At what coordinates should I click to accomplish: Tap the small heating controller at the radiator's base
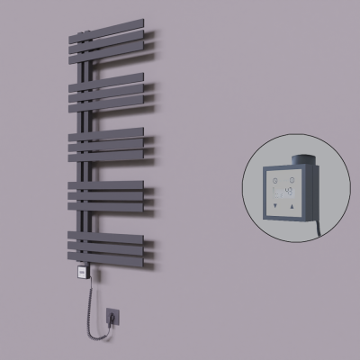(81, 269)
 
